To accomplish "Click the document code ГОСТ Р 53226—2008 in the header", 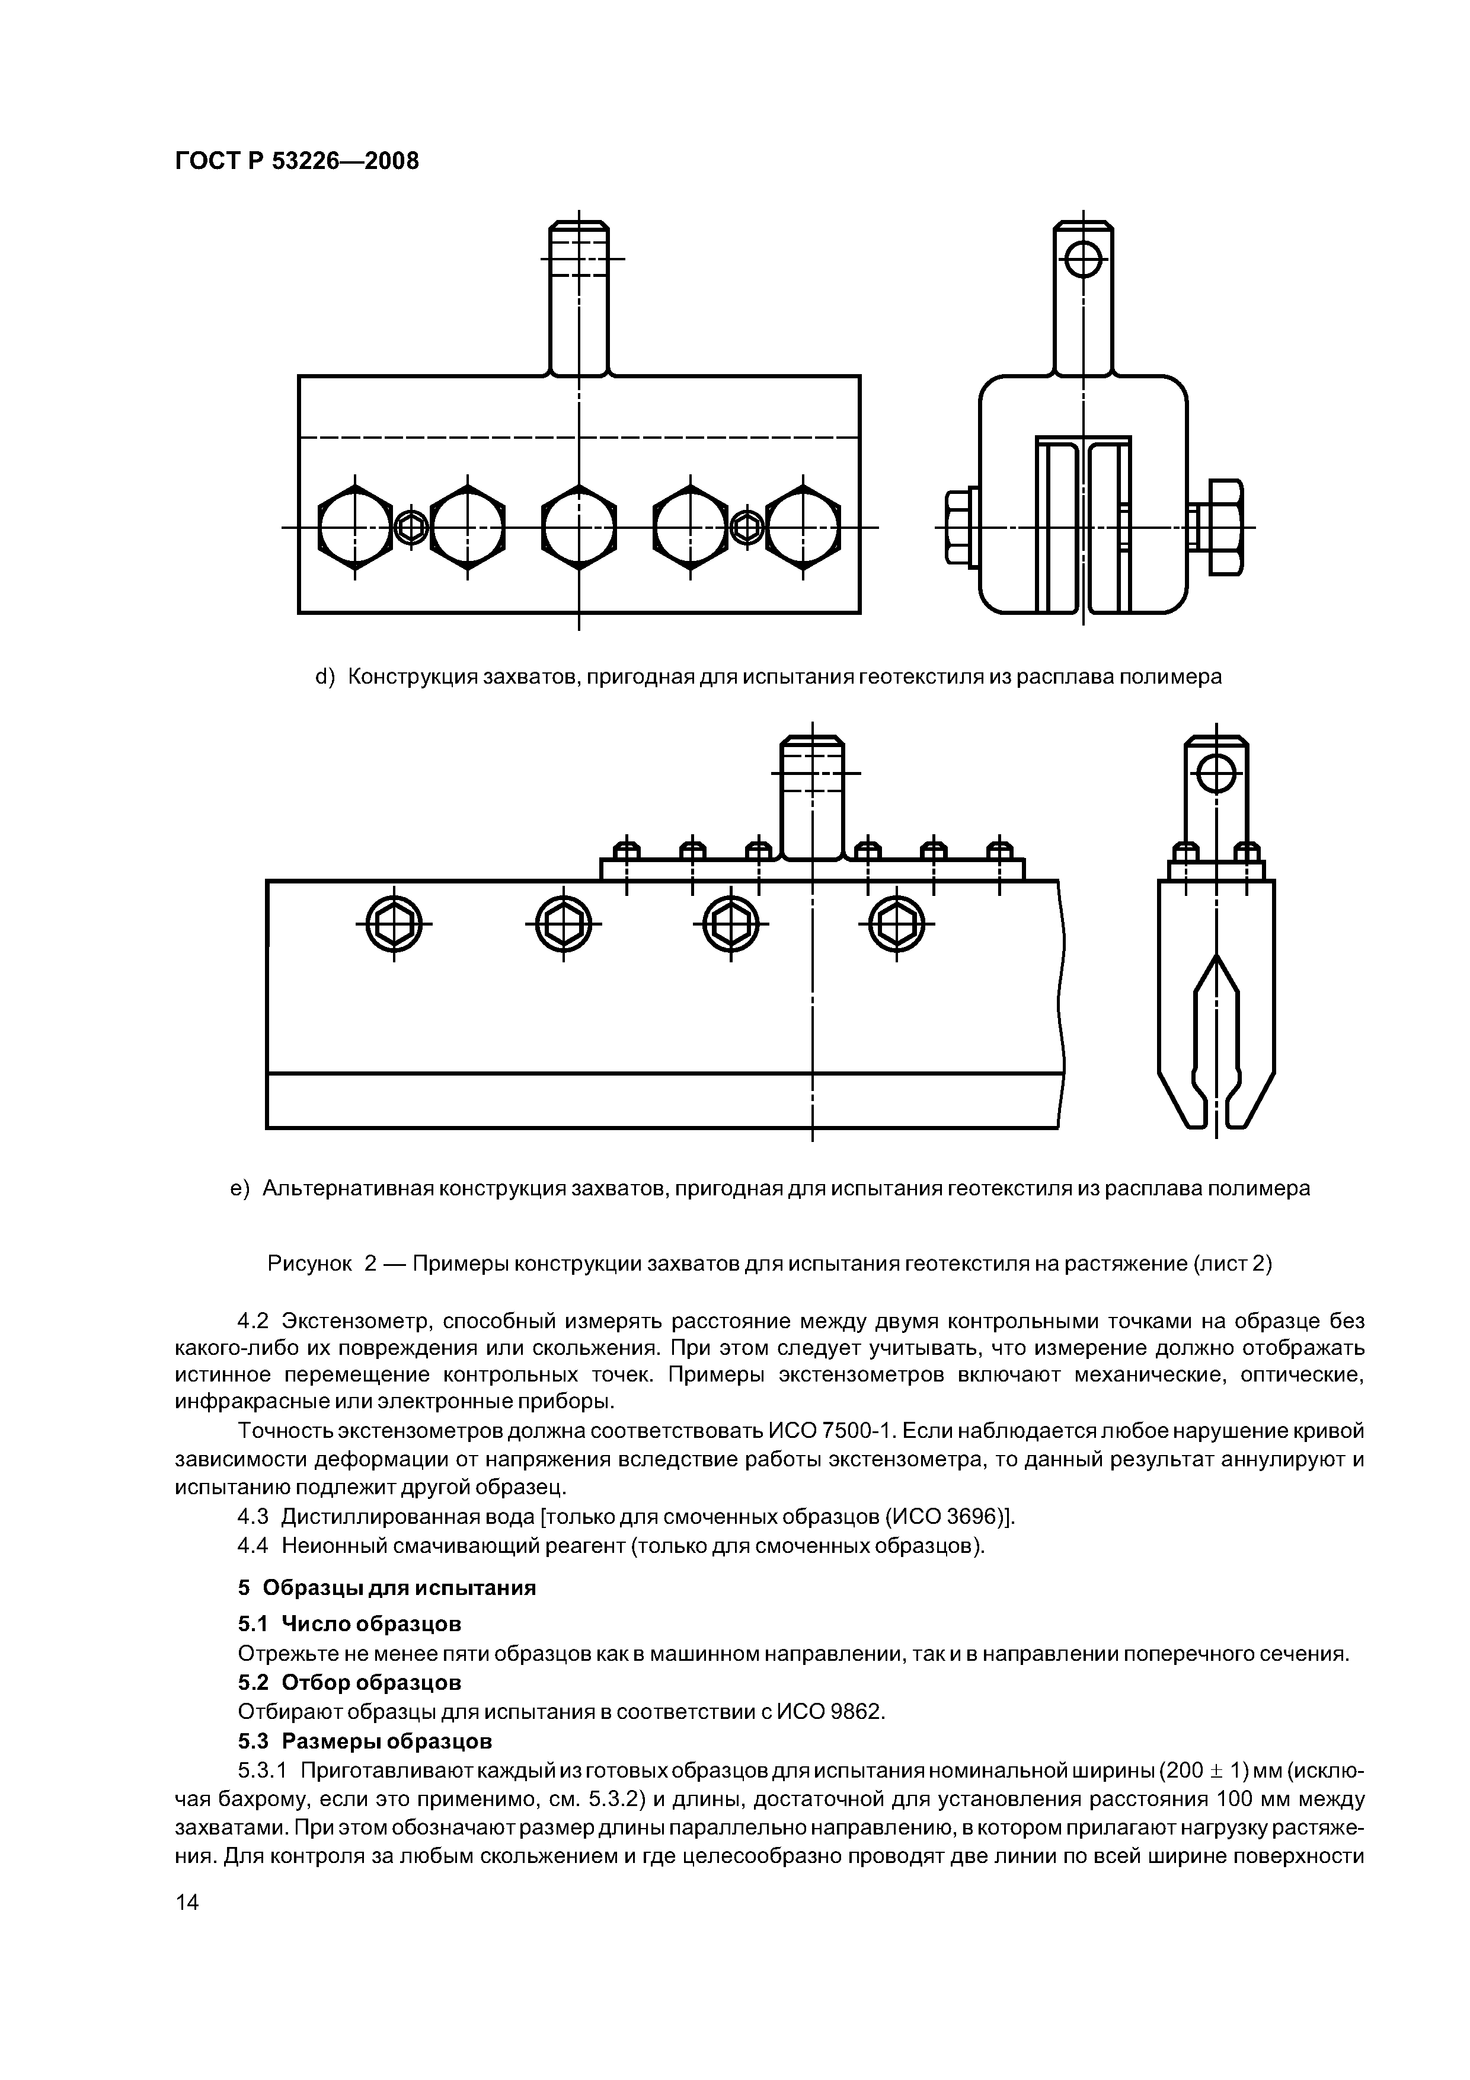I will pyautogui.click(x=296, y=161).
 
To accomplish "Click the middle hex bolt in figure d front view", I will pyautogui.click(x=579, y=527).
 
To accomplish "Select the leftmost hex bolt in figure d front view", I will pyautogui.click(x=355, y=527).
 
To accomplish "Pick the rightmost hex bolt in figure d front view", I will pyautogui.click(x=803, y=527).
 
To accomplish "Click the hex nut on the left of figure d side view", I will pyautogui.click(x=960, y=527).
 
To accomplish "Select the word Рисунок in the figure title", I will pyautogui.click(x=309, y=1263).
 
